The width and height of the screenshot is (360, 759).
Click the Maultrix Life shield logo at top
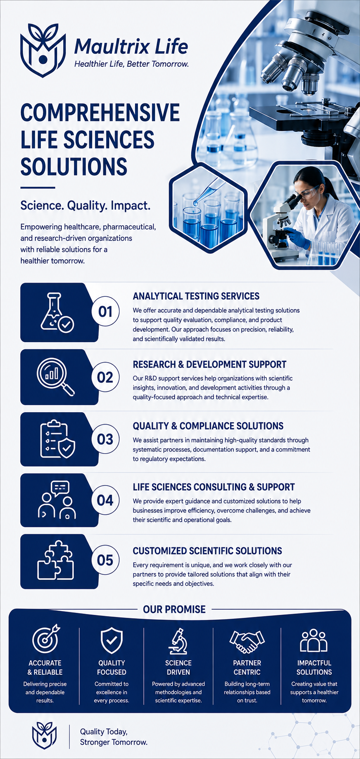click(x=43, y=50)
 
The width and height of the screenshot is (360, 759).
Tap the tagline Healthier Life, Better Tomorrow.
click(x=132, y=64)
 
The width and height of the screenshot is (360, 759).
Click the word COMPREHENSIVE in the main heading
click(x=100, y=113)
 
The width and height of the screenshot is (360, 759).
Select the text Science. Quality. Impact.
click(x=85, y=205)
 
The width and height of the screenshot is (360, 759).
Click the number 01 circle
click(x=105, y=311)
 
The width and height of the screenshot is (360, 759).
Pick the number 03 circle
click(x=105, y=439)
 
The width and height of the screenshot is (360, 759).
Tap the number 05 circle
click(x=105, y=560)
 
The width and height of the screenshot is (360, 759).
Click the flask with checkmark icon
click(x=57, y=313)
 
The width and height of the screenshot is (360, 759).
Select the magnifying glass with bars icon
click(x=56, y=377)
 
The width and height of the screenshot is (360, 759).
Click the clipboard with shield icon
click(x=57, y=439)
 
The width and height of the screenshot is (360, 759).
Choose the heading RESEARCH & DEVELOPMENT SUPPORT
click(x=210, y=364)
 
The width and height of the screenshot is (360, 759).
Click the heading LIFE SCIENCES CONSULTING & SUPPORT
click(x=214, y=487)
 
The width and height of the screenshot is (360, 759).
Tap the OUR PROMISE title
click(x=174, y=609)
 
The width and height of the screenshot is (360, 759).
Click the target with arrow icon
click(x=46, y=638)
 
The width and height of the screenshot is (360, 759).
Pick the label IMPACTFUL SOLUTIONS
click(x=314, y=667)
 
